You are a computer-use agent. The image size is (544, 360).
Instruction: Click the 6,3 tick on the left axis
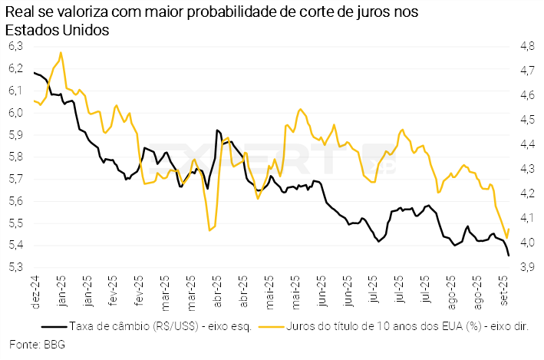click(16, 46)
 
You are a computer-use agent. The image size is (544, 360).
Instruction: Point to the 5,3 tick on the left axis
click(16, 268)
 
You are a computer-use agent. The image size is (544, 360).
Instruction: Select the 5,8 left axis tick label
click(16, 157)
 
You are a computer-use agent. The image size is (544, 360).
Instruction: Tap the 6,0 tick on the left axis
click(16, 113)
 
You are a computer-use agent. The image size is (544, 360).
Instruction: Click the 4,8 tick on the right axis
click(527, 46)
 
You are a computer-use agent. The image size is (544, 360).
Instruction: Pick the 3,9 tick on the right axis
click(527, 268)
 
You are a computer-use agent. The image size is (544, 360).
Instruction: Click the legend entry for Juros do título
click(407, 326)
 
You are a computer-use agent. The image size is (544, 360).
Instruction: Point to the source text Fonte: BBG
click(38, 344)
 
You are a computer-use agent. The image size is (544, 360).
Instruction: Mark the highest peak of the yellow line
click(61, 53)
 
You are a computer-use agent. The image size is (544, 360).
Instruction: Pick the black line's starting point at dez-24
click(35, 72)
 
